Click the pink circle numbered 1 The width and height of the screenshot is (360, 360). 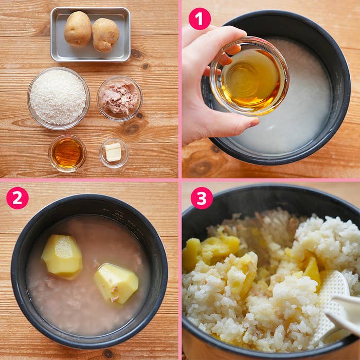200,19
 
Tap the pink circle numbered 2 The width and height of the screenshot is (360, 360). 17,198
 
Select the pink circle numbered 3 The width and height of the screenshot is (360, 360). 202,198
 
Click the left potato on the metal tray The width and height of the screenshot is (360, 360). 78,29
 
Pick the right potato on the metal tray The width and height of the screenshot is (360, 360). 106,35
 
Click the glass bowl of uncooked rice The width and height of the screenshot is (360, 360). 59,99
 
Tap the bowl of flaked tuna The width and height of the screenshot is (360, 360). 120,99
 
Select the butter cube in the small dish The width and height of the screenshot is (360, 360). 113,152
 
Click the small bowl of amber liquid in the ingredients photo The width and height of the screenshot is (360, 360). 67,153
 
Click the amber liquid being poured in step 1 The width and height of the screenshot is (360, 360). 250,79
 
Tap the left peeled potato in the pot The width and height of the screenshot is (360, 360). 62,256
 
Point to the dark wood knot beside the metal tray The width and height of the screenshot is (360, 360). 137,54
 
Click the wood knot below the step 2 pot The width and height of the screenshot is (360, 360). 108,354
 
